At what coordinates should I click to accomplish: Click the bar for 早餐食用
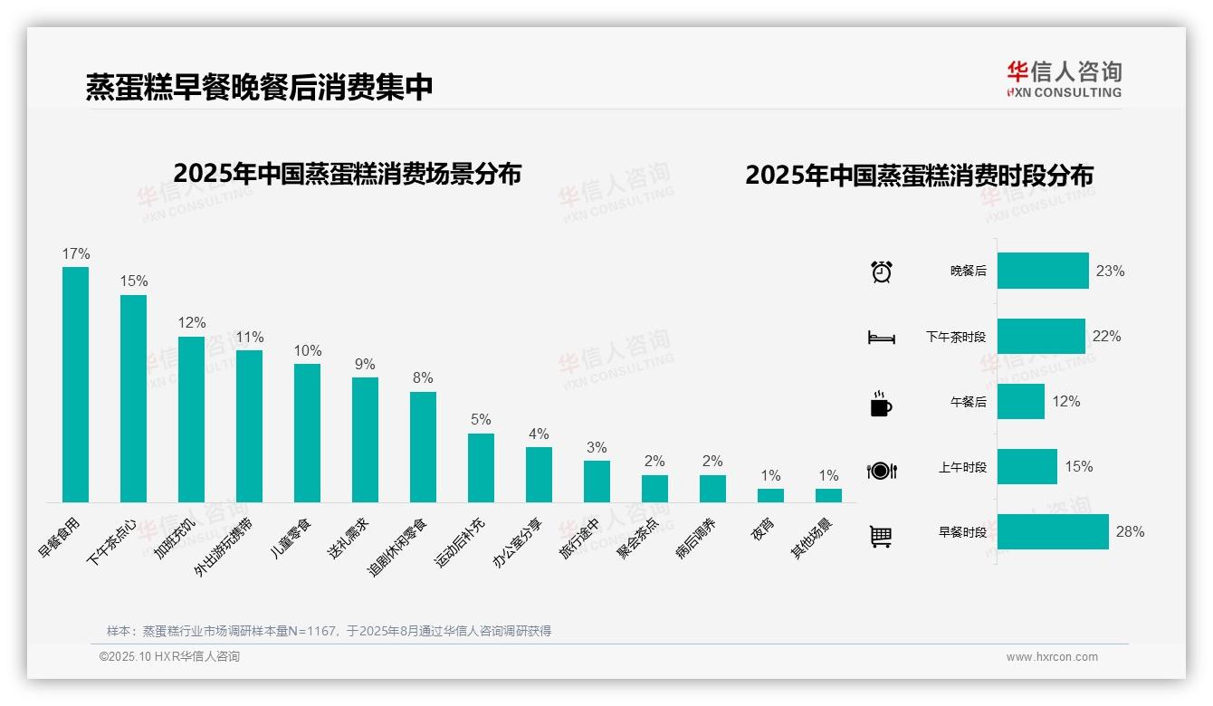pyautogui.click(x=75, y=384)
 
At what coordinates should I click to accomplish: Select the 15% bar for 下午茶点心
pyautogui.click(x=133, y=398)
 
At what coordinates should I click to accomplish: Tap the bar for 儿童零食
pyautogui.click(x=307, y=433)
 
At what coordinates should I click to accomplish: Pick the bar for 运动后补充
pyautogui.click(x=481, y=467)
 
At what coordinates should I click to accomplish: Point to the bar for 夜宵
pyautogui.click(x=770, y=495)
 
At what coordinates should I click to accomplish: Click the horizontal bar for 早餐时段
pyautogui.click(x=1053, y=531)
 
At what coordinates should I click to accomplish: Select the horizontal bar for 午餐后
pyautogui.click(x=1020, y=401)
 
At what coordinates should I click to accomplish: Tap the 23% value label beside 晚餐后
pyautogui.click(x=1110, y=271)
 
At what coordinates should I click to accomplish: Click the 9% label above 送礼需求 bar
pyautogui.click(x=365, y=364)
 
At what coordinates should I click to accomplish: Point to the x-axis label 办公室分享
pyautogui.click(x=518, y=542)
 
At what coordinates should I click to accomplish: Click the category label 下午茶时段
pyautogui.click(x=955, y=337)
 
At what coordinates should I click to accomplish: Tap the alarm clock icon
pyautogui.click(x=881, y=272)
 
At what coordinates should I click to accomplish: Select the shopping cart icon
pyautogui.click(x=881, y=536)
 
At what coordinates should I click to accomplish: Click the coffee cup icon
pyautogui.click(x=881, y=404)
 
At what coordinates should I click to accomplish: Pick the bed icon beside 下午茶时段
pyautogui.click(x=881, y=338)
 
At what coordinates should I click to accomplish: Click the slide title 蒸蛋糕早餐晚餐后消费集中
pyautogui.click(x=259, y=87)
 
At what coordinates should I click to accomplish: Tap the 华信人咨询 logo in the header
pyautogui.click(x=1064, y=79)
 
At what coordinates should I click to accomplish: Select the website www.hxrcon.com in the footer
pyautogui.click(x=1052, y=657)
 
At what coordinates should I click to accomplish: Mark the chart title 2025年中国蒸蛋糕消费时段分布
pyautogui.click(x=919, y=175)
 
